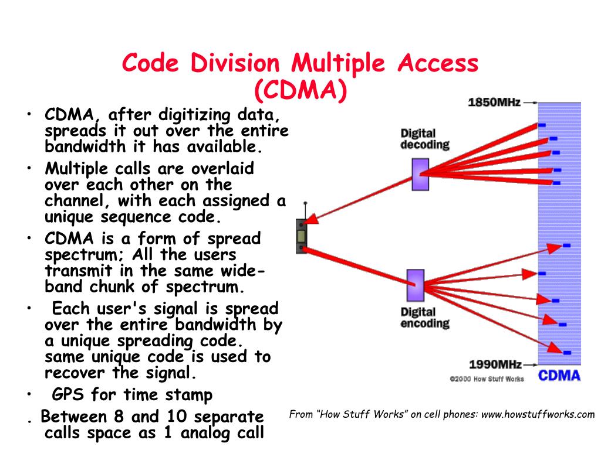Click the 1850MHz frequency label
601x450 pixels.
tap(494, 102)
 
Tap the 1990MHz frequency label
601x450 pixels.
tap(495, 364)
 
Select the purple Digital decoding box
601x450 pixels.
tap(420, 175)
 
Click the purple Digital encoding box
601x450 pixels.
tap(415, 285)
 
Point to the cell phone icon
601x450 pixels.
tap(301, 236)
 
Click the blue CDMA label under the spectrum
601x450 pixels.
tap(559, 376)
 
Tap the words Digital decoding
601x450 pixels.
tap(425, 139)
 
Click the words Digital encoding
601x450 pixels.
tap(425, 318)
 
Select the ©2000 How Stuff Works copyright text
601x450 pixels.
tap(487, 379)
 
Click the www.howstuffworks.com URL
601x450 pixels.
tap(538, 414)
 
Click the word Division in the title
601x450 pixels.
tap(235, 63)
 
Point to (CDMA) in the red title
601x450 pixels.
tap(300, 90)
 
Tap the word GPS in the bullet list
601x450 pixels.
tap(67, 394)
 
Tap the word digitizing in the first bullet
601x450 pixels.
tap(195, 115)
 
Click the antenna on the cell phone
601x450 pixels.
tap(305, 211)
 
